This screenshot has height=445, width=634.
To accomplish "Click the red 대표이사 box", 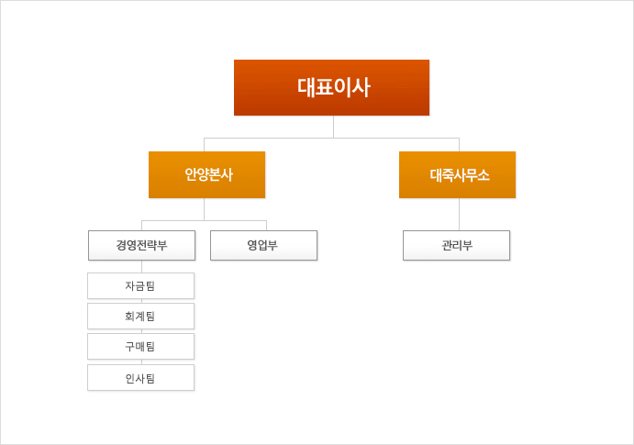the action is tap(331, 88).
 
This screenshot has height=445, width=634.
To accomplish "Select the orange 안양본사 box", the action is tap(207, 174).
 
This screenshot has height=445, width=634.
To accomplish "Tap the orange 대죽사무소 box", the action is tap(457, 174).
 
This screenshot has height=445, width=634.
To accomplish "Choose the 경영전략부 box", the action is tap(142, 245).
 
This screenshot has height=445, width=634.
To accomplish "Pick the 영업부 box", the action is tap(263, 245).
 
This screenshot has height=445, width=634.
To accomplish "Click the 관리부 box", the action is tap(457, 245).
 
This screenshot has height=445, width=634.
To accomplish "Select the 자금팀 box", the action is tap(140, 285).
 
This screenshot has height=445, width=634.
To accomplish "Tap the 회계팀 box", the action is tap(140, 316).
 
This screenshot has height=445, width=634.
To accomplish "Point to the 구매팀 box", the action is tap(140, 347).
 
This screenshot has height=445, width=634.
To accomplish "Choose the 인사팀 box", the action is tap(140, 377).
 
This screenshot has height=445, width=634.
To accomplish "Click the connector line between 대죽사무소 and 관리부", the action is tap(459, 214).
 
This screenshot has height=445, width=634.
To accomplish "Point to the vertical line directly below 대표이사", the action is tap(334, 127).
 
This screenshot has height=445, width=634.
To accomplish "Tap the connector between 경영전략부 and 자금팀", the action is tap(142, 267).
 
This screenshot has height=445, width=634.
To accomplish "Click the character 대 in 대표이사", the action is tap(306, 87).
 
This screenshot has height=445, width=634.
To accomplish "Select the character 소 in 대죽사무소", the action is tap(483, 175).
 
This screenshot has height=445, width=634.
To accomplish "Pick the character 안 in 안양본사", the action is tap(191, 174).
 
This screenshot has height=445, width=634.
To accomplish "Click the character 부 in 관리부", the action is tap(467, 245).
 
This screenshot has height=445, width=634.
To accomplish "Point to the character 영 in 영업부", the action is tap(252, 245).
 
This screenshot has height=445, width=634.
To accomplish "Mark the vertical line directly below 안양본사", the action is tap(205, 209).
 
